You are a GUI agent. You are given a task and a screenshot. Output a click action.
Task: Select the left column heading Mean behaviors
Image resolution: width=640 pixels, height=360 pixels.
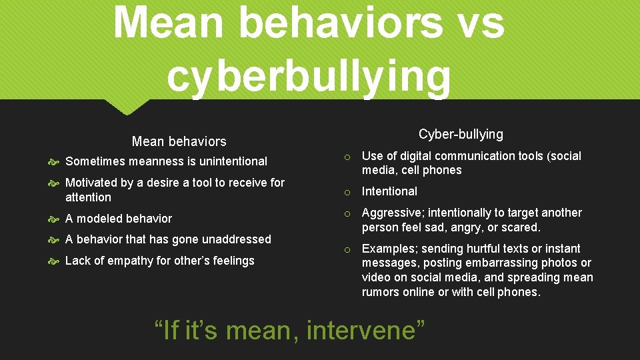(179, 141)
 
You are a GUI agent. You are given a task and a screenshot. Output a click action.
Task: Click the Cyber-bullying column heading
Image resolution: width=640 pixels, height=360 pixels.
(461, 134)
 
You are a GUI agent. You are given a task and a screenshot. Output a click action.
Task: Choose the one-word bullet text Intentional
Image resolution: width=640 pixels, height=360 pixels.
(389, 191)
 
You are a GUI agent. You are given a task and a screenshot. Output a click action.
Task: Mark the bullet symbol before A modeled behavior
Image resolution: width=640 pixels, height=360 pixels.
(55, 219)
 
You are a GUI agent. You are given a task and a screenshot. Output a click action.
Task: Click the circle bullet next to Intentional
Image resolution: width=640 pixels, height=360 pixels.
(347, 192)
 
